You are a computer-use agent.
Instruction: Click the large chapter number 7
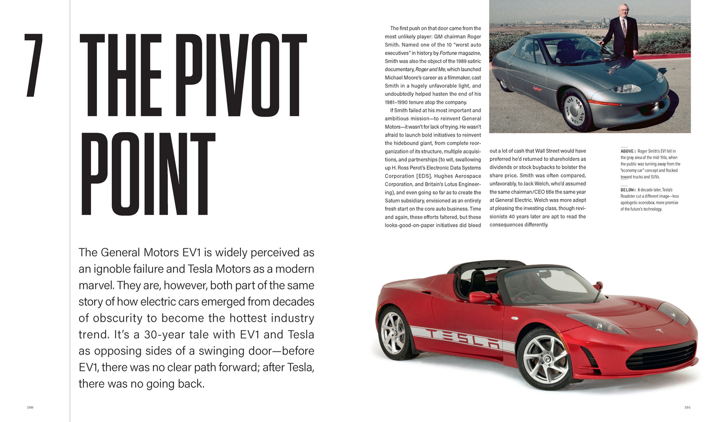point(33,65)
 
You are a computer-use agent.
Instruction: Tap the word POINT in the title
point(148,174)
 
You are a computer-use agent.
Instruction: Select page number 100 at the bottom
point(30,408)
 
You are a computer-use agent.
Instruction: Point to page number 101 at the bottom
point(687,408)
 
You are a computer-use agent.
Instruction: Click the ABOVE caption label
point(627,151)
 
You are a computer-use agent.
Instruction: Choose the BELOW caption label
point(628,190)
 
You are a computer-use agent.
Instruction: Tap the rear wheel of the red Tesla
point(394,333)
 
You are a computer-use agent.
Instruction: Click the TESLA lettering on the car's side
point(465,338)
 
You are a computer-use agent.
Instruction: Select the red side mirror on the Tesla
point(480,297)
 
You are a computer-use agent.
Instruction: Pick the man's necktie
point(624,27)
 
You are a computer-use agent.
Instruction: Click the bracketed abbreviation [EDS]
point(420,176)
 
